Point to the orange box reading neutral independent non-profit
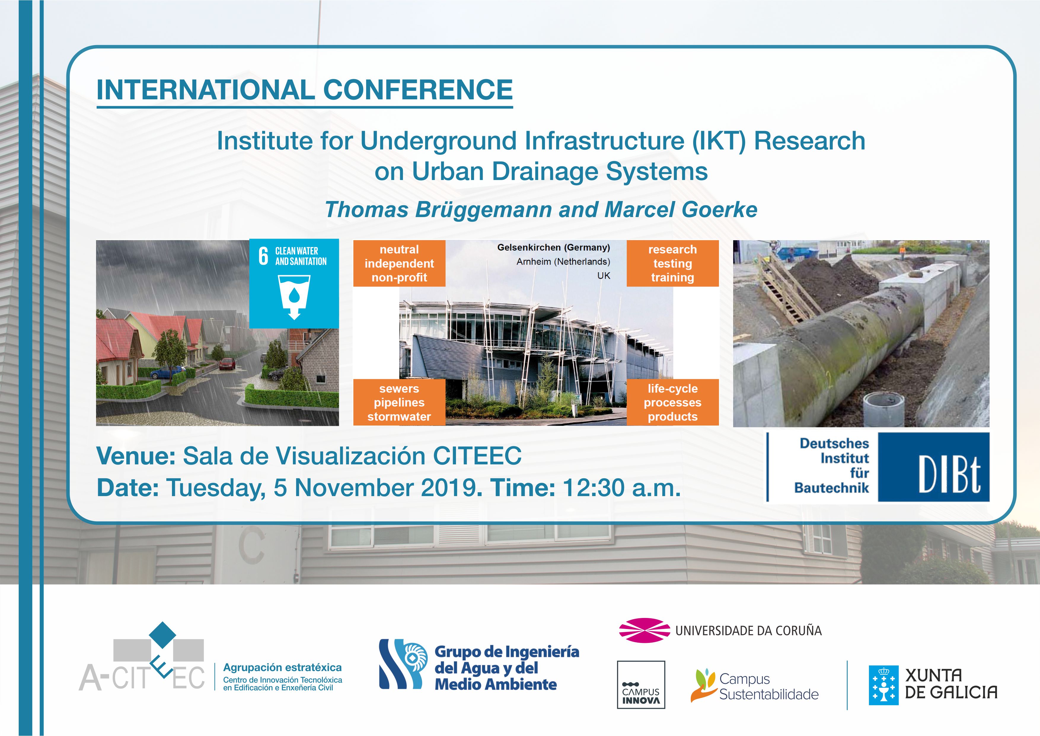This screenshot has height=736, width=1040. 399,263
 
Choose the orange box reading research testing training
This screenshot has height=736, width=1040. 673,263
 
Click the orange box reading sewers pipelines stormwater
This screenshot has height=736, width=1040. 399,402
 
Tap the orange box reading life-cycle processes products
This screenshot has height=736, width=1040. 673,402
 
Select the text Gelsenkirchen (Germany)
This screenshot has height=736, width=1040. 554,247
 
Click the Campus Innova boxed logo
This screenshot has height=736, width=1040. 641,685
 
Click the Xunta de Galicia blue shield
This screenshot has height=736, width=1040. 883,685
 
